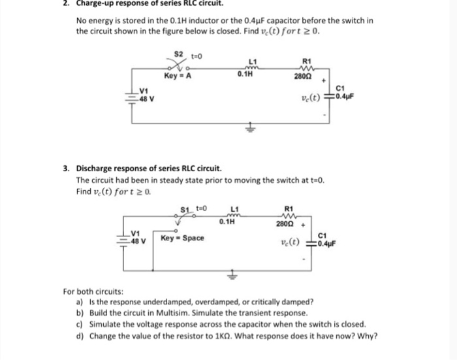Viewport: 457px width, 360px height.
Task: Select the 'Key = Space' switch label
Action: pos(182,237)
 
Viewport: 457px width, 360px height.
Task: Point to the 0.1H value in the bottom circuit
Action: pos(228,223)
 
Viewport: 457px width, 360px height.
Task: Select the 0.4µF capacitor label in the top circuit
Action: pos(343,98)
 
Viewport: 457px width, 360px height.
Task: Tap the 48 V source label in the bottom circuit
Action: pos(138,241)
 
